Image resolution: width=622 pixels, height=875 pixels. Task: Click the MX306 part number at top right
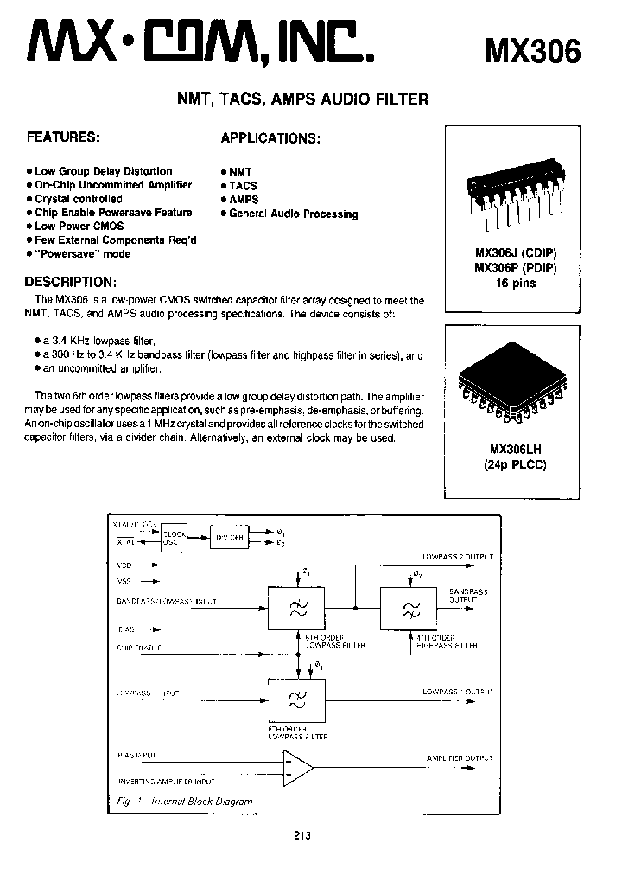pyautogui.click(x=533, y=51)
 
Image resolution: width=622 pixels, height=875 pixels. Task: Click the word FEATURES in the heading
pyautogui.click(x=63, y=137)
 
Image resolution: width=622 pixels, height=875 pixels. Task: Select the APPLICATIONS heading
pyautogui.click(x=270, y=138)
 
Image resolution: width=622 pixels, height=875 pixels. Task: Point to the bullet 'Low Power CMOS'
pyautogui.click(x=79, y=226)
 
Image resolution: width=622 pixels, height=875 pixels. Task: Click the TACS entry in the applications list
pyautogui.click(x=243, y=185)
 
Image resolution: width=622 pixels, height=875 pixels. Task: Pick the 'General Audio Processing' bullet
pyautogui.click(x=293, y=214)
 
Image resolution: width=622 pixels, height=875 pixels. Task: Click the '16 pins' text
pyautogui.click(x=516, y=283)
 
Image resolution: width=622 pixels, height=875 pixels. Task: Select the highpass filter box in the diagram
pyautogui.click(x=407, y=608)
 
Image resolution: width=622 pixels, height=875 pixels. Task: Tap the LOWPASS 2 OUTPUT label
pyautogui.click(x=458, y=557)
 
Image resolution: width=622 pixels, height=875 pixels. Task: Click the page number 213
pyautogui.click(x=301, y=836)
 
